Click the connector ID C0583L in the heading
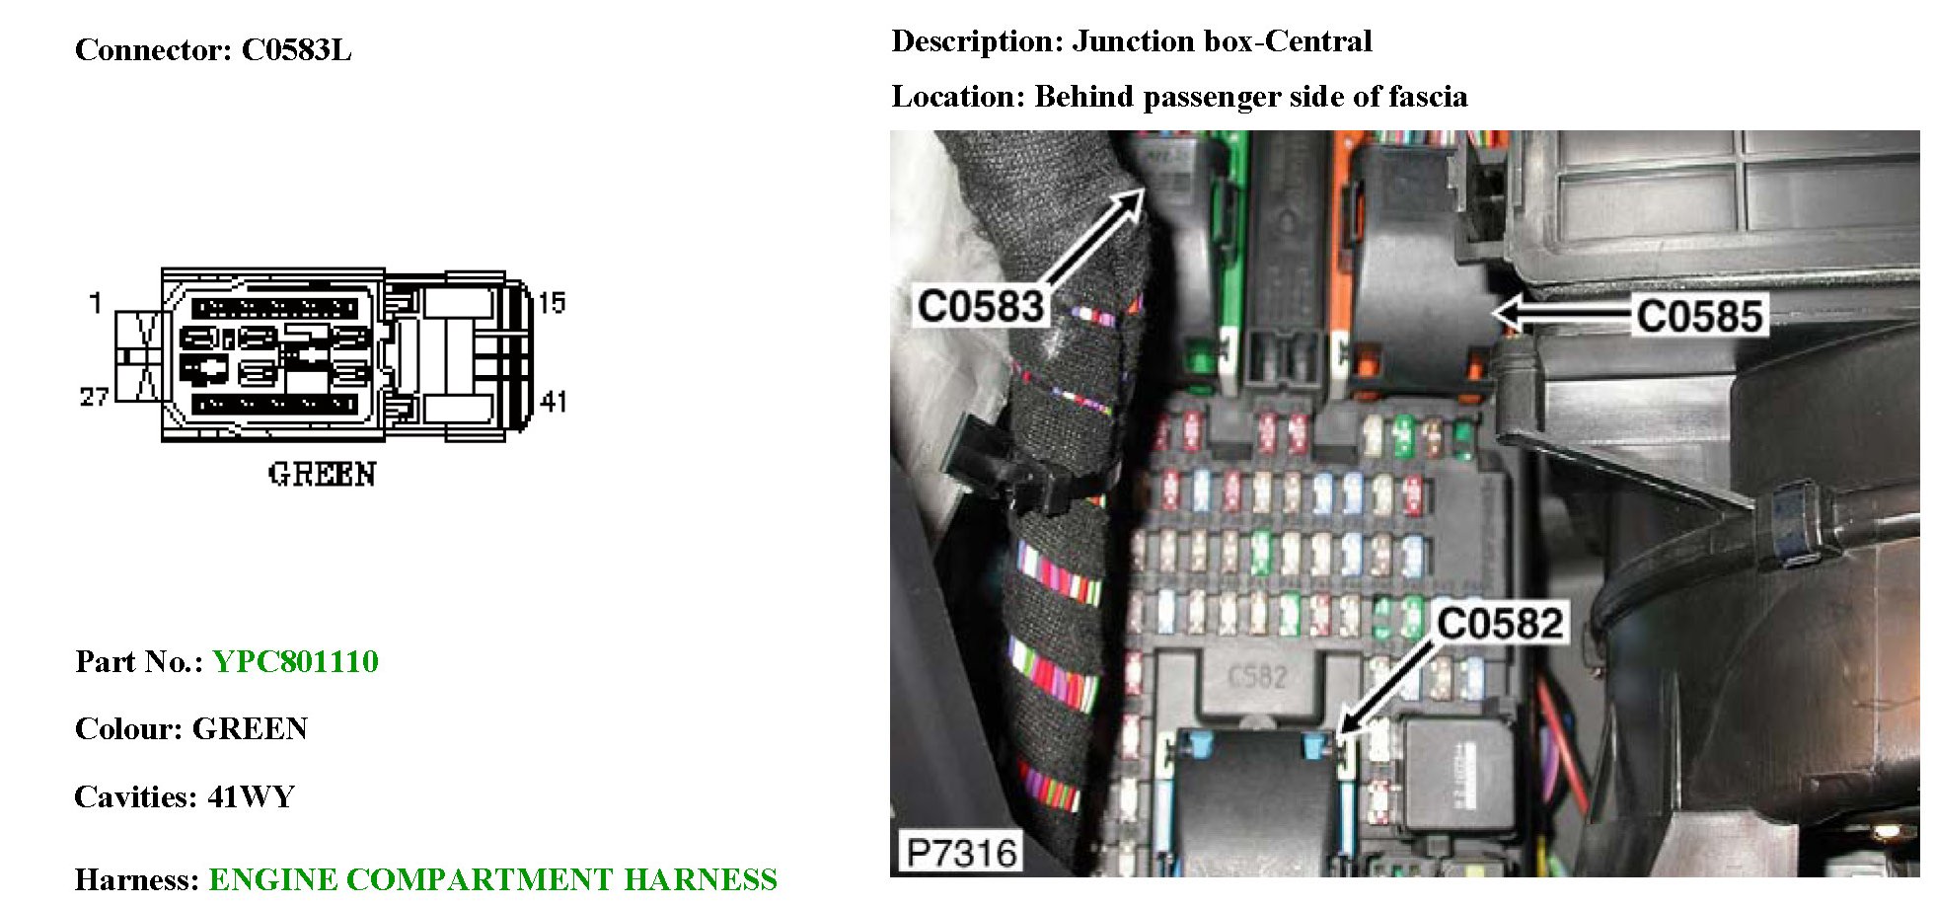[296, 50]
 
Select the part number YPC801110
[295, 661]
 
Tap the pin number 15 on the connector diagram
[552, 303]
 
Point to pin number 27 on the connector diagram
[94, 397]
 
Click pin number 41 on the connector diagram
[554, 401]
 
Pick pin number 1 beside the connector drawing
[95, 303]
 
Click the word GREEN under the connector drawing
[322, 475]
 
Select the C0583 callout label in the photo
[980, 307]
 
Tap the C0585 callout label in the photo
[1698, 317]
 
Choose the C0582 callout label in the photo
[1500, 624]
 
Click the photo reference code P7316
[960, 853]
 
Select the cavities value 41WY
[252, 796]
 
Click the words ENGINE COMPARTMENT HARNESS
[492, 879]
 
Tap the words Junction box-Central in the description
[1222, 41]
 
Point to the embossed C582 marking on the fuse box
[1257, 676]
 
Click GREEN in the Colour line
[250, 729]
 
